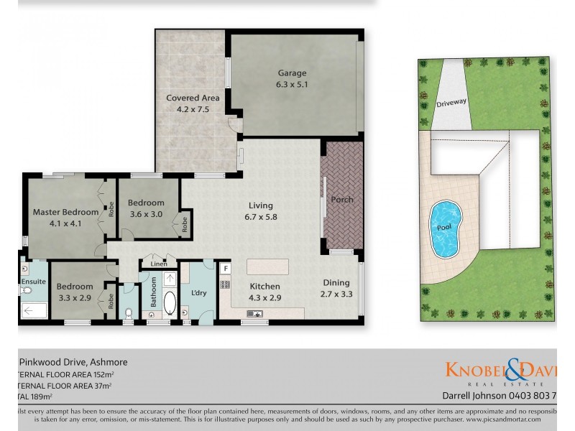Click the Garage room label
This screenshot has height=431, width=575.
coord(293,73)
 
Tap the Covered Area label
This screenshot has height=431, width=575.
coord(193,98)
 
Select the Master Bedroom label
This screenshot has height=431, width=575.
coord(65,212)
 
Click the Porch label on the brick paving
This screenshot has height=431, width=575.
coord(342,200)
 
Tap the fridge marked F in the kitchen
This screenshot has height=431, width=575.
coord(226,269)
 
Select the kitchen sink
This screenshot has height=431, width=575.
coord(255,313)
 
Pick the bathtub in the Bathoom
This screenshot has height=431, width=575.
coord(170,303)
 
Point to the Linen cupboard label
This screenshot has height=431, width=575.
coord(159,264)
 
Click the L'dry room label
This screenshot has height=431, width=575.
coord(198,293)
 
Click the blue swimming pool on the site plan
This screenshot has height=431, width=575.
coord(445,228)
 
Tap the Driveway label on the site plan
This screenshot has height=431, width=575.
coord(451,103)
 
